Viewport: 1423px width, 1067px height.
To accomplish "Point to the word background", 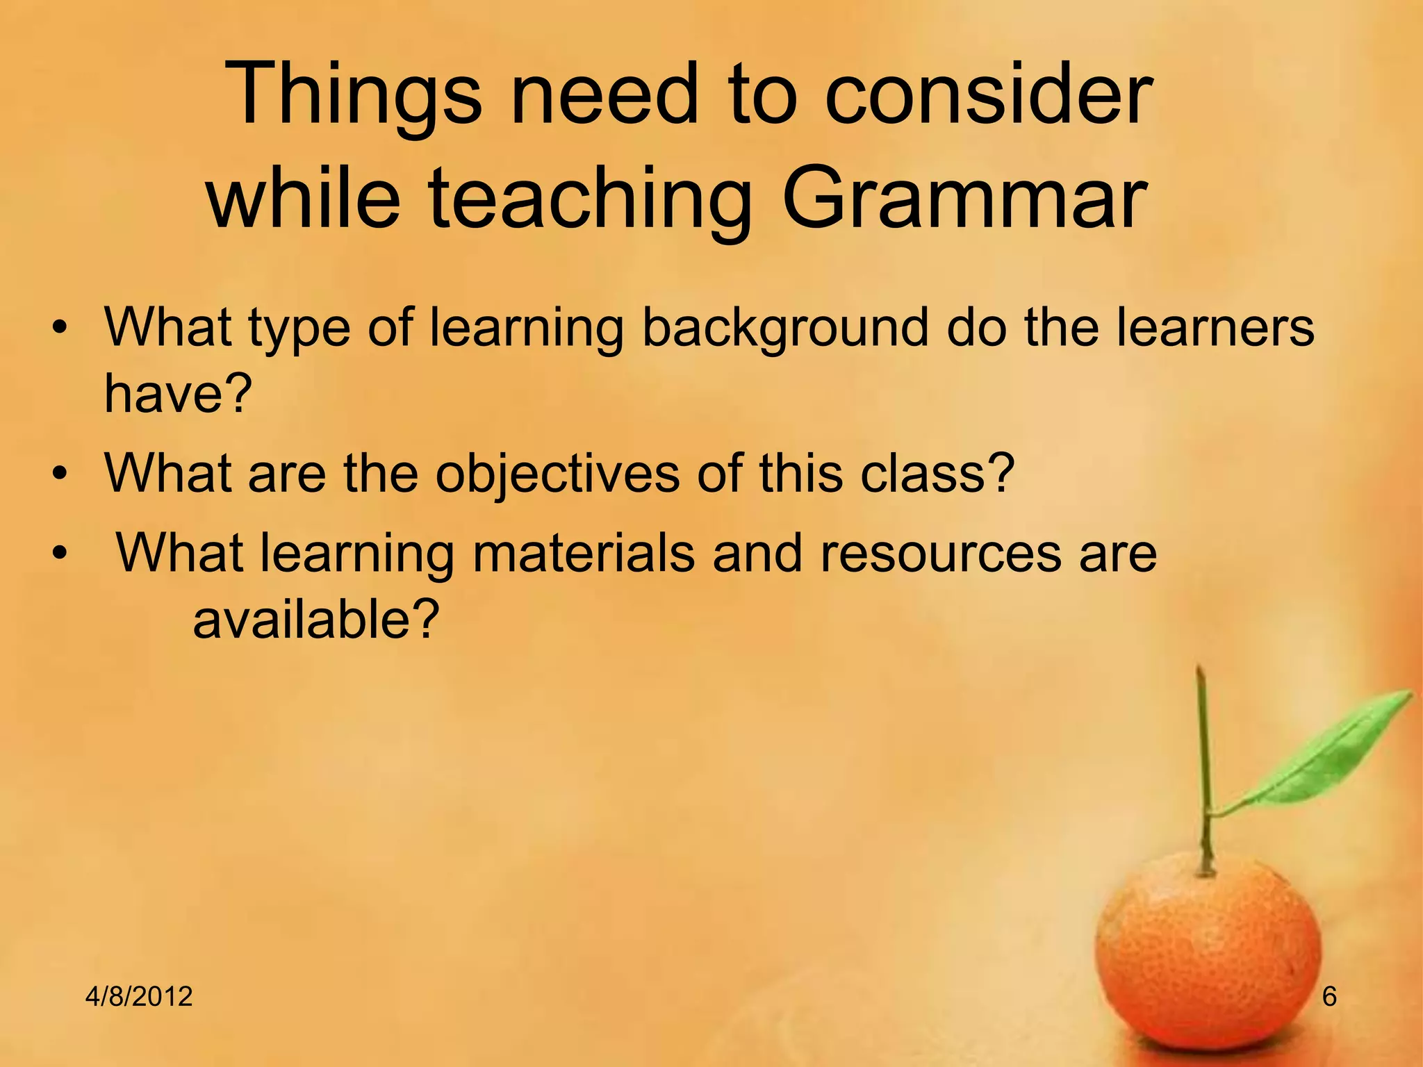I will click(x=784, y=328).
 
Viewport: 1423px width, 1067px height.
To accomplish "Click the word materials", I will click(x=584, y=553).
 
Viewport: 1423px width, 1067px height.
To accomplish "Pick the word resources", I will click(x=941, y=553).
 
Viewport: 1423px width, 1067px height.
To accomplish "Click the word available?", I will click(x=316, y=619).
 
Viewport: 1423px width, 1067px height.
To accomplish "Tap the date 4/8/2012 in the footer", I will click(x=139, y=997).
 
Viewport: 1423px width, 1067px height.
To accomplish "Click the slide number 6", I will click(x=1329, y=997).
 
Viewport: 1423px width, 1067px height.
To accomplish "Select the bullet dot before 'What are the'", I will click(x=61, y=475).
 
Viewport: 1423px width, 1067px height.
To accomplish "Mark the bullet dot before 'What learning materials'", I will click(x=61, y=554).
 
